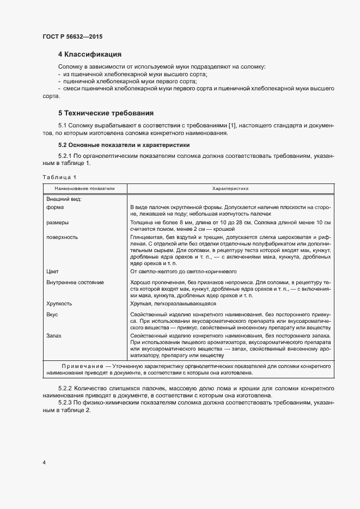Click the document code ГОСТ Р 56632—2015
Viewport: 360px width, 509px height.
point(72,36)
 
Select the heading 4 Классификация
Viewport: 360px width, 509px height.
point(89,54)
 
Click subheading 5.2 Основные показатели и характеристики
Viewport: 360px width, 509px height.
point(124,145)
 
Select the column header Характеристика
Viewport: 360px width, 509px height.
point(230,188)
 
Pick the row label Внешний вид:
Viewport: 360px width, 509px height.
point(64,199)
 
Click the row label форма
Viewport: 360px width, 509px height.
point(55,207)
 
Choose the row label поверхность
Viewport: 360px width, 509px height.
point(62,237)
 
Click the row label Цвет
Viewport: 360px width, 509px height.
point(53,271)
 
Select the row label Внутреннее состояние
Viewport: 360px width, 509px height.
point(75,283)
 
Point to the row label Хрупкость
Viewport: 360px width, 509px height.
point(59,304)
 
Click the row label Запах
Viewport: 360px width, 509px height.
point(54,336)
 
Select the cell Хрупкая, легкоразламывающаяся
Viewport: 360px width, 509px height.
point(173,304)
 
